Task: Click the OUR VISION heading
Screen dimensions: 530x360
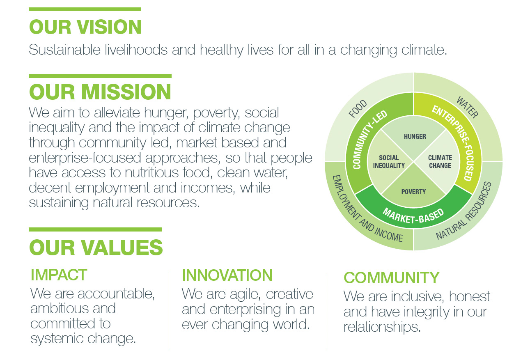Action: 85,27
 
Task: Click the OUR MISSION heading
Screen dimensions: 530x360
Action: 100,92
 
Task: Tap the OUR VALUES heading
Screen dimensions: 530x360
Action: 96,248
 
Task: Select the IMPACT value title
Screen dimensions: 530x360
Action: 59,275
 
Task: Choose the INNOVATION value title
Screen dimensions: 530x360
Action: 227,275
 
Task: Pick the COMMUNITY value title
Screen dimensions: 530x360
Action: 391,277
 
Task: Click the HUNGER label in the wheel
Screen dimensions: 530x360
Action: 415,136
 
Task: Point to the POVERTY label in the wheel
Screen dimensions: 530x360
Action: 413,192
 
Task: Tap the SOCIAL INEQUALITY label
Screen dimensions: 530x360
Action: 389,162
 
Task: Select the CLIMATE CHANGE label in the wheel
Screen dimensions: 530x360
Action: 440,162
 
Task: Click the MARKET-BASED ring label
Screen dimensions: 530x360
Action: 413,216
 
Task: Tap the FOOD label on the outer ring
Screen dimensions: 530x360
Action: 358,108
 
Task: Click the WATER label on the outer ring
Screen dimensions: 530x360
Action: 467,107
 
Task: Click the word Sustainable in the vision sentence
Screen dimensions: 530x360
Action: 64,50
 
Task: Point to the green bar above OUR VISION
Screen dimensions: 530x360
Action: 85,9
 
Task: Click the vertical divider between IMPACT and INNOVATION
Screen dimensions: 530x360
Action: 169,311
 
